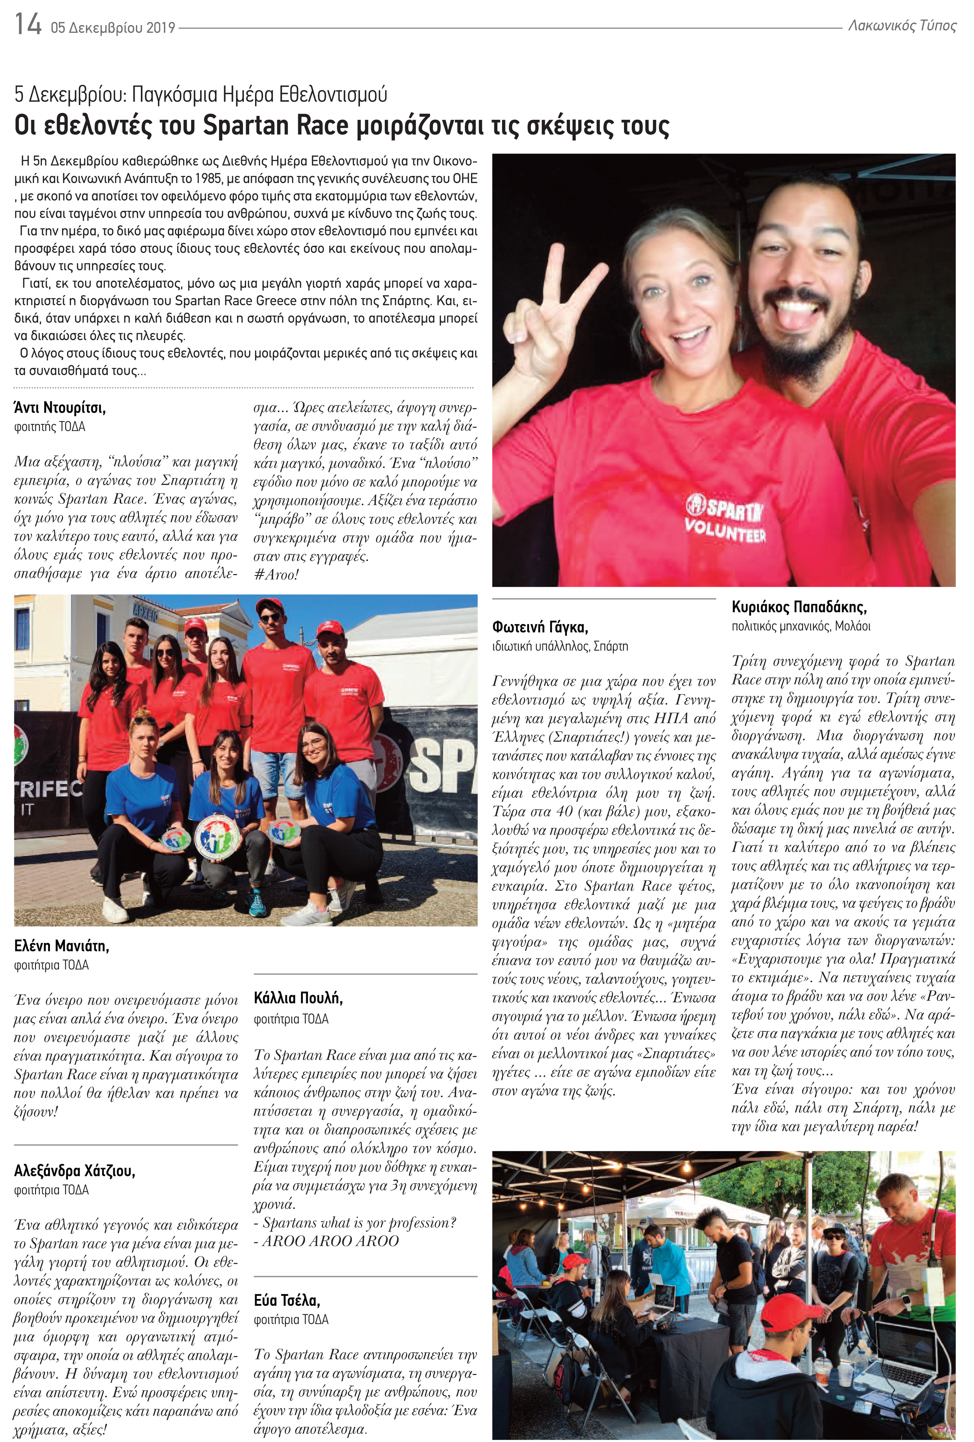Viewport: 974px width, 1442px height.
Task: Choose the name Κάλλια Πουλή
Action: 298,998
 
